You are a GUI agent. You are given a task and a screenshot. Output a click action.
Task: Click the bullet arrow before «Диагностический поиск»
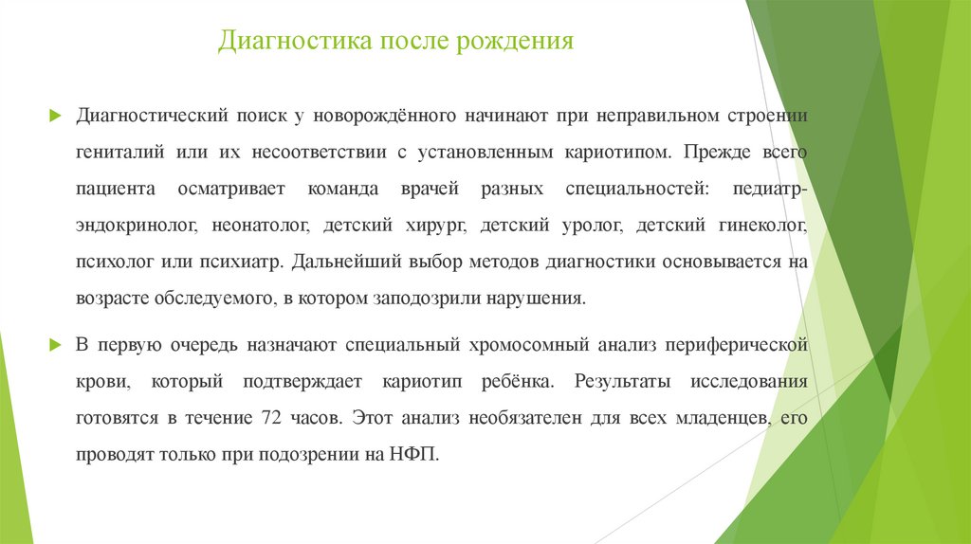55,116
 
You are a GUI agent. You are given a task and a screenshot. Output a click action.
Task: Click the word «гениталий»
120,151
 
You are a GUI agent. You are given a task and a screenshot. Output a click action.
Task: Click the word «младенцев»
710,417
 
